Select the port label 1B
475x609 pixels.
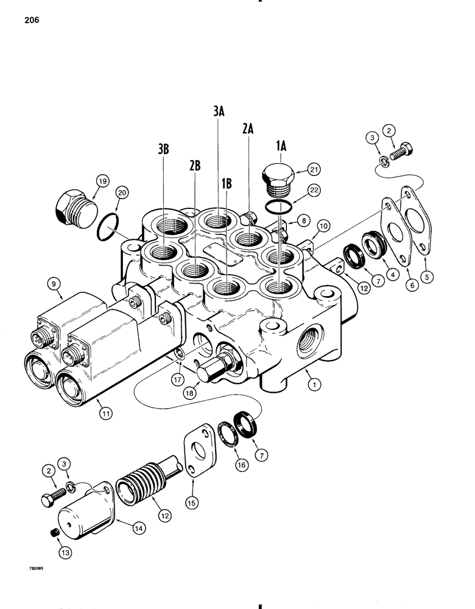point(227,183)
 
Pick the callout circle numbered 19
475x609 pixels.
point(101,180)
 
